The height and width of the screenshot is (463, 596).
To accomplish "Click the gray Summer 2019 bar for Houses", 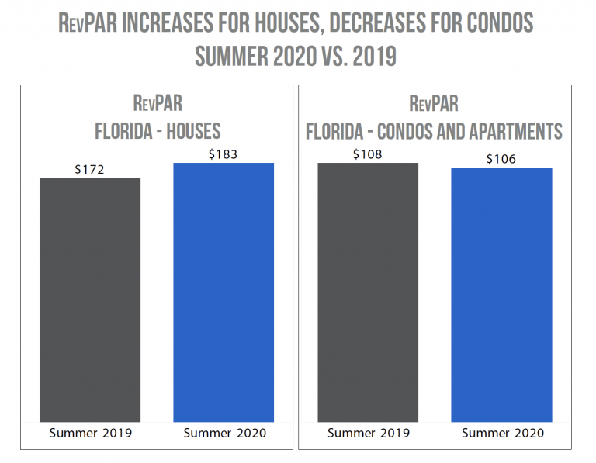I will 90,299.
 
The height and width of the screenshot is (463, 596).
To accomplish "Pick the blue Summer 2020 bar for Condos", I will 501,294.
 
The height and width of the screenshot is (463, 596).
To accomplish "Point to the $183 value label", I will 223,154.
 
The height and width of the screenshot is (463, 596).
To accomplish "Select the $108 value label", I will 368,154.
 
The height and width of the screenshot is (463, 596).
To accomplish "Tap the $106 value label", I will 501,159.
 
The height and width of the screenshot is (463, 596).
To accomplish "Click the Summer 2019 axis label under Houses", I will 90,433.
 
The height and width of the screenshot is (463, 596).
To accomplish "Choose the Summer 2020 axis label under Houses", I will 224,433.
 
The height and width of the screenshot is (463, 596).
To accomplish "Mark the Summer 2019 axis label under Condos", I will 369,433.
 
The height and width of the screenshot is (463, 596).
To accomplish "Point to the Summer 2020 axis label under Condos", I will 502,433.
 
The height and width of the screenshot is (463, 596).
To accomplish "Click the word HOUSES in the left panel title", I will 190,130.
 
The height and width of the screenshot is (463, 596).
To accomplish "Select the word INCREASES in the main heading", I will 171,22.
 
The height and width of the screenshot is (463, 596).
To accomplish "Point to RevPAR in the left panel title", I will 158,103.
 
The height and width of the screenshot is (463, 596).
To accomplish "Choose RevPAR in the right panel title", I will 434,103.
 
